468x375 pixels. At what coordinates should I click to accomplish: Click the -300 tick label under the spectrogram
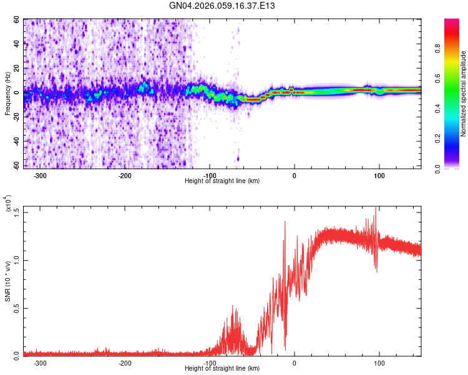coord(40,176)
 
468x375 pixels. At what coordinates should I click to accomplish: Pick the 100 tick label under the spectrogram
coord(379,176)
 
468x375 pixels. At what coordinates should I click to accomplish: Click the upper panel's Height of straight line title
coord(223,181)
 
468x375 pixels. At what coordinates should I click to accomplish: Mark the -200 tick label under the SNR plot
coord(125,363)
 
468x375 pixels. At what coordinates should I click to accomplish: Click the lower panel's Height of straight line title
coord(223,368)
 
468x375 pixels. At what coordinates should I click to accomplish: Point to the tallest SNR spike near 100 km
coord(376,209)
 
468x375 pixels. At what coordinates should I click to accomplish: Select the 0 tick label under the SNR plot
coord(295,363)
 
